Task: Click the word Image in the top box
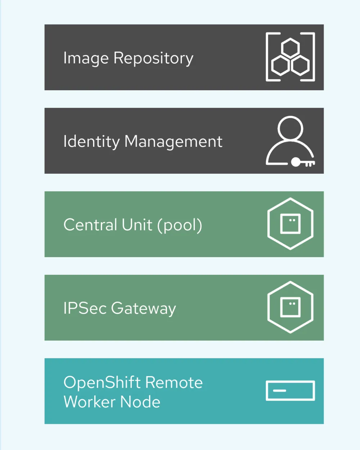point(86,58)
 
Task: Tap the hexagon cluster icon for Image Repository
point(290,57)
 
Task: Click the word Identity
point(91,141)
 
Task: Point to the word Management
point(173,141)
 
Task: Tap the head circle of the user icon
point(290,128)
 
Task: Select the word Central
point(90,225)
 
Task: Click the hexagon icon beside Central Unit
point(290,224)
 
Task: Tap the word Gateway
point(143,309)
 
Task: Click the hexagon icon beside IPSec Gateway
point(290,307)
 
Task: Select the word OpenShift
point(102,383)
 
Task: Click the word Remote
point(174,382)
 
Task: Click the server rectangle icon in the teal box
point(290,391)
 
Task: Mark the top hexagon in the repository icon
point(290,48)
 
